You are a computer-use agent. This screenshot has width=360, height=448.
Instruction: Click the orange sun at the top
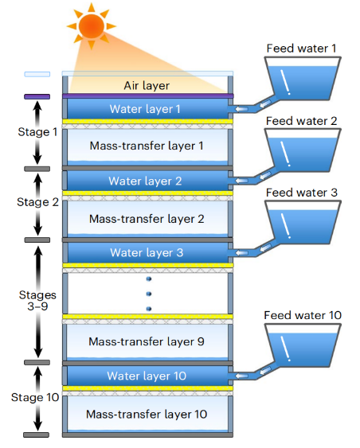(92, 26)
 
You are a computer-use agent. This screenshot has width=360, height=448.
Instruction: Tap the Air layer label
(147, 85)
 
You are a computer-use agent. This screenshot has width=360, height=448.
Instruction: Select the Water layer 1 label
(145, 109)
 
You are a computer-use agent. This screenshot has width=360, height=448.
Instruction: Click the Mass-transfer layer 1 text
(147, 146)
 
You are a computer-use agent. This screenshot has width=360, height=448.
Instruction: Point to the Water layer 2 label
(145, 181)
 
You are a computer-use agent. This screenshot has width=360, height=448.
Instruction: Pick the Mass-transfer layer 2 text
(147, 219)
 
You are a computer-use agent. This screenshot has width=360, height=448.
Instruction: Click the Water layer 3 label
(147, 252)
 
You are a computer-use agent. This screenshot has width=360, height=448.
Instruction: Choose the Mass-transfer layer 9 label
(147, 341)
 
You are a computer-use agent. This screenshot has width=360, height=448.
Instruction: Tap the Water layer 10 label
(147, 376)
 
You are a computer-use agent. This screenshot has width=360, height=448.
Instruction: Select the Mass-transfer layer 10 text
(147, 414)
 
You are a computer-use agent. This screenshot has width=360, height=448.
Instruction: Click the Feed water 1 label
(301, 49)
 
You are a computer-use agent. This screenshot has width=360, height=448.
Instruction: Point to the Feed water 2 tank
(303, 150)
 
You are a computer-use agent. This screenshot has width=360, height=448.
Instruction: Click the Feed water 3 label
(302, 193)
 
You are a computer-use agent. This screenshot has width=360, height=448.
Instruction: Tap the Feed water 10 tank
(303, 345)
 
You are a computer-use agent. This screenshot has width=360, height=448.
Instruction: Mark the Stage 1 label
(37, 132)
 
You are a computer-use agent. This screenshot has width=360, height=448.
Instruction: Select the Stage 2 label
(37, 202)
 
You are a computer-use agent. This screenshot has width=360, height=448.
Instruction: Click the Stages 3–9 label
(37, 301)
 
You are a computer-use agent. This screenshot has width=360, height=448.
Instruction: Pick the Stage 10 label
(35, 397)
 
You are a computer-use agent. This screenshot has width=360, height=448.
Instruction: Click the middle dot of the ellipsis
(149, 294)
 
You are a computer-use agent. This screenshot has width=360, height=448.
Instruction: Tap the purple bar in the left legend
(37, 96)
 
